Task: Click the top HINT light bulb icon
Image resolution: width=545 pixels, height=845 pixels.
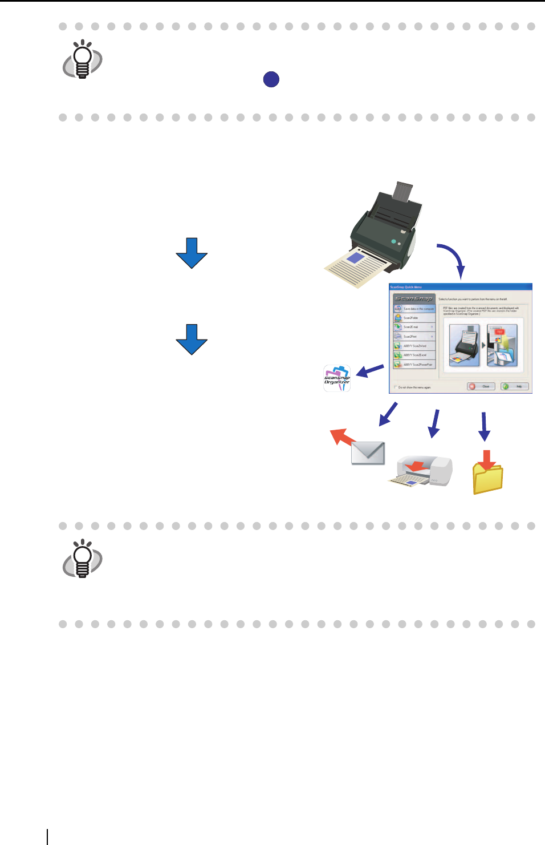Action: [83, 59]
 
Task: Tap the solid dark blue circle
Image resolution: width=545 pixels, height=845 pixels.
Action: [271, 79]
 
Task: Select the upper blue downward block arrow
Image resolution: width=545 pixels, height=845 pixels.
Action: [192, 253]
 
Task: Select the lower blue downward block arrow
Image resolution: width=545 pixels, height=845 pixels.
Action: [192, 339]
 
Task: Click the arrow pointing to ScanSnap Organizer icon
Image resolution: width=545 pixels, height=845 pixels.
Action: [370, 371]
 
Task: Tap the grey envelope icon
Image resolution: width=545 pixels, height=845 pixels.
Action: [368, 453]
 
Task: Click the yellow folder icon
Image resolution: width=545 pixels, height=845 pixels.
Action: [487, 476]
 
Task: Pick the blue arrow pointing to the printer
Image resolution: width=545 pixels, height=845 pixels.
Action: [435, 423]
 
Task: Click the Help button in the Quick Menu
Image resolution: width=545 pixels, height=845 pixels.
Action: [515, 386]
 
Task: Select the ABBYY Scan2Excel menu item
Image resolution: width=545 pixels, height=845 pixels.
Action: [414, 355]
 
